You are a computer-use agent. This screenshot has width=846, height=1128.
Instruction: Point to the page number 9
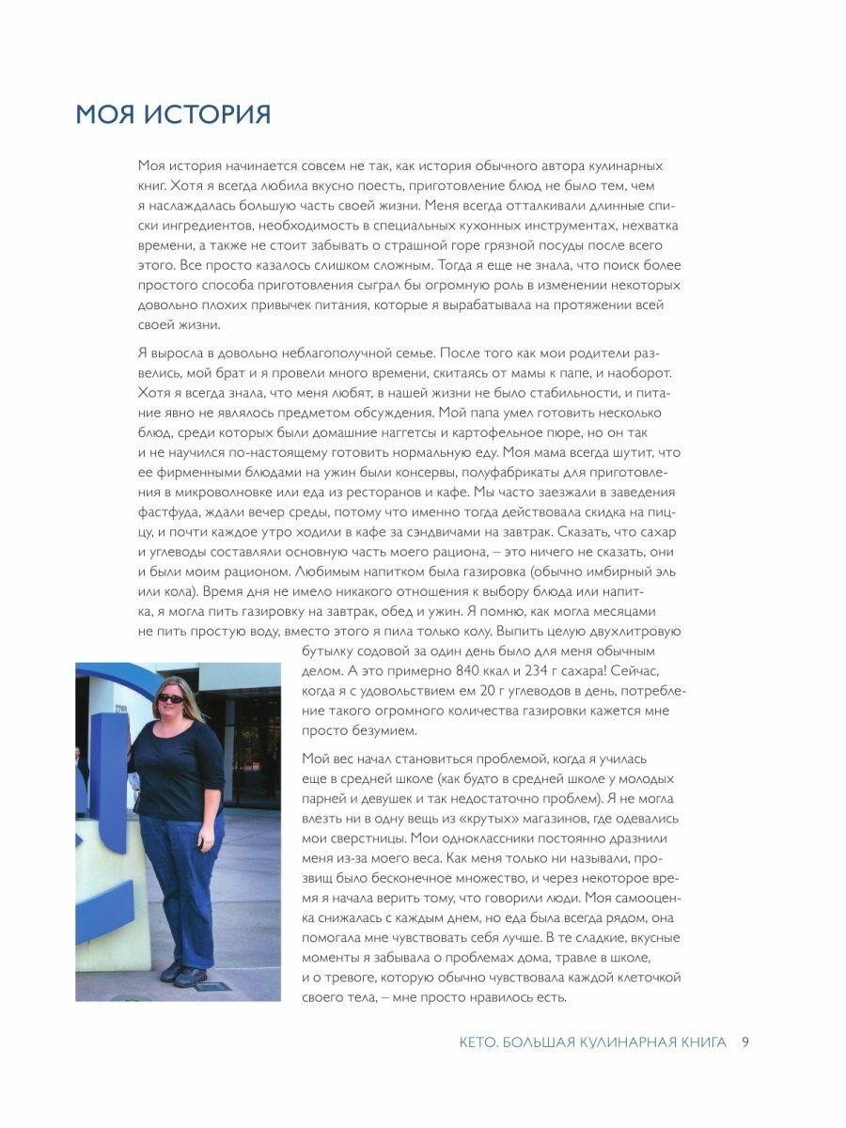point(744,1042)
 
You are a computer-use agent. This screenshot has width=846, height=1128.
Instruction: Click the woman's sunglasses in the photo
point(170,697)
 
